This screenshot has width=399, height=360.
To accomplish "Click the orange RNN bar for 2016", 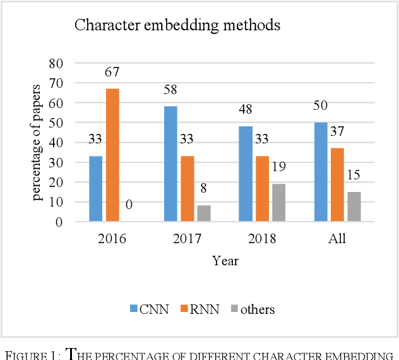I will coord(112,155).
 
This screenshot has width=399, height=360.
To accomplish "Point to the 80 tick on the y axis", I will coord(57,63).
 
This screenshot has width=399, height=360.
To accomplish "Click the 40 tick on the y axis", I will coord(57,143).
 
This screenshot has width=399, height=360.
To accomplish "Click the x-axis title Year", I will coord(225,260).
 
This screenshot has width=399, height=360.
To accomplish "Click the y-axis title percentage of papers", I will coord(39,141).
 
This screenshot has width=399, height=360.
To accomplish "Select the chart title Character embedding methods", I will coord(177,26).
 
